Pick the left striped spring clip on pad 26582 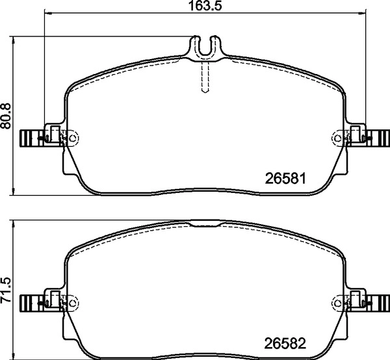[x=31, y=302]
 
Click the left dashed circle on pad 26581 [x=72, y=137]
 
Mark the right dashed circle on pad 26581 [x=337, y=137]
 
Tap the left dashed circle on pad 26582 [x=72, y=302]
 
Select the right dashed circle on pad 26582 [x=337, y=302]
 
